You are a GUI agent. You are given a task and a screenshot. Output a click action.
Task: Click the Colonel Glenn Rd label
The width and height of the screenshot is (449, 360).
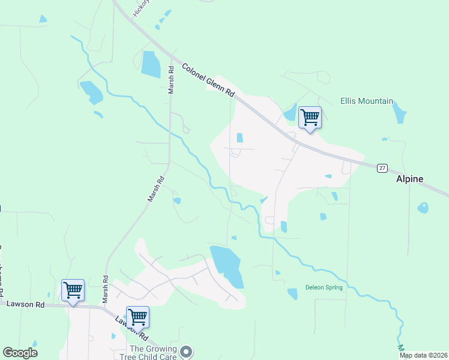tap(208, 81)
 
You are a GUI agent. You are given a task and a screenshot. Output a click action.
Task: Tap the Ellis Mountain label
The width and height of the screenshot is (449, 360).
tap(367, 101)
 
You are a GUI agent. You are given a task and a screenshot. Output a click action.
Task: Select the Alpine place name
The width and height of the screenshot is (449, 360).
tap(409, 179)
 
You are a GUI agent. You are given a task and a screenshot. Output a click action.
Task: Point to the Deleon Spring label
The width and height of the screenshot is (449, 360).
tap(324, 287)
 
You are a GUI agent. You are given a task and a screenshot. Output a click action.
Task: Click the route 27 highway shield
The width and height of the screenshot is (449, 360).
tap(382, 168)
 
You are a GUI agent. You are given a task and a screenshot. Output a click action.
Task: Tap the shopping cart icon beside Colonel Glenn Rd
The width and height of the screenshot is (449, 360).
tap(310, 118)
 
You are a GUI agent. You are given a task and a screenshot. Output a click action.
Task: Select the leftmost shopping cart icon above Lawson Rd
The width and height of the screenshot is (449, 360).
tap(73, 290)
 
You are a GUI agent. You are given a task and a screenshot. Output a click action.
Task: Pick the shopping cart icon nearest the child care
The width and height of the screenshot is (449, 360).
tap(137, 317)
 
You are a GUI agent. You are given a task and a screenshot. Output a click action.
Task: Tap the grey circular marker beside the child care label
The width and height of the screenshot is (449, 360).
tap(187, 352)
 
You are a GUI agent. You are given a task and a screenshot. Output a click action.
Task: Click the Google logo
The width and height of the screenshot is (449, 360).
tap(20, 353)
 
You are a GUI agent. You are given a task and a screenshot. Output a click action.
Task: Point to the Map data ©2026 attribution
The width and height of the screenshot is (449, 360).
tap(423, 355)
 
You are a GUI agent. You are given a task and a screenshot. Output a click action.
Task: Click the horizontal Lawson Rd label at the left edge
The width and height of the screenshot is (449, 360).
tap(23, 305)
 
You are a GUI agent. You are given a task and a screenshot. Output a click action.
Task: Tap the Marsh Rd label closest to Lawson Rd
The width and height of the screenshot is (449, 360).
tap(105, 288)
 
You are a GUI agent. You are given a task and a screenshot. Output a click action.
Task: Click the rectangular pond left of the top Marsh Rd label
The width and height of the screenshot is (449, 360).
tap(151, 64)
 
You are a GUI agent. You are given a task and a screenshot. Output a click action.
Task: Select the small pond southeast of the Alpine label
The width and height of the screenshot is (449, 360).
tap(423, 208)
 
